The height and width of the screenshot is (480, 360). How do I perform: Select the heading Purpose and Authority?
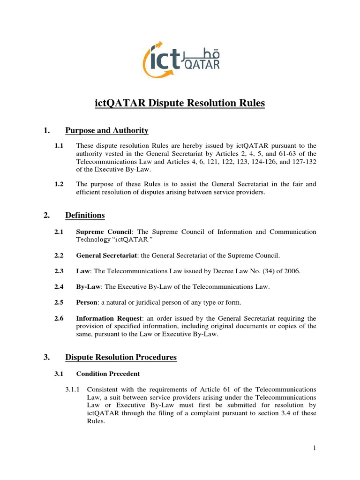point(107,131)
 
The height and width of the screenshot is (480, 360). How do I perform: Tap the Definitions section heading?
point(85,216)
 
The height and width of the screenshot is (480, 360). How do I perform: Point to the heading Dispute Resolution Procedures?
point(121,357)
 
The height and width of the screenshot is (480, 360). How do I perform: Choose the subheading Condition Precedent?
point(108,374)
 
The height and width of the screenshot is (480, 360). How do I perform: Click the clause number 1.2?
point(59,184)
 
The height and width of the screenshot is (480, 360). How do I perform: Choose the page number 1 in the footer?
point(315,448)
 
